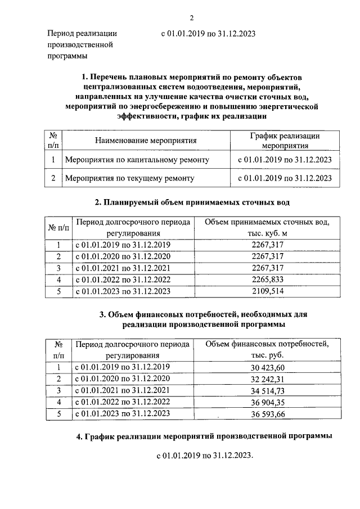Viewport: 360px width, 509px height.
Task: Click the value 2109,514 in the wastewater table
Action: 268,291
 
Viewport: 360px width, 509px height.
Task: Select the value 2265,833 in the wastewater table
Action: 268,279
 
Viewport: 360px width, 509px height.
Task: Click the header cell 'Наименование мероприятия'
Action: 146,140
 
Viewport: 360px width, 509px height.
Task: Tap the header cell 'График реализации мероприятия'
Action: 285,140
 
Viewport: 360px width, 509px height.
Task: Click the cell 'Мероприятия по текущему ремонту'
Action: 130,178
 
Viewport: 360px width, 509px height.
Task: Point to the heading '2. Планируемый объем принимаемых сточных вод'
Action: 192,202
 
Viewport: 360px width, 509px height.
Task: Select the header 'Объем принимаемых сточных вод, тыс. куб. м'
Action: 267,227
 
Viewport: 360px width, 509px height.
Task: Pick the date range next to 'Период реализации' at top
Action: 208,33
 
